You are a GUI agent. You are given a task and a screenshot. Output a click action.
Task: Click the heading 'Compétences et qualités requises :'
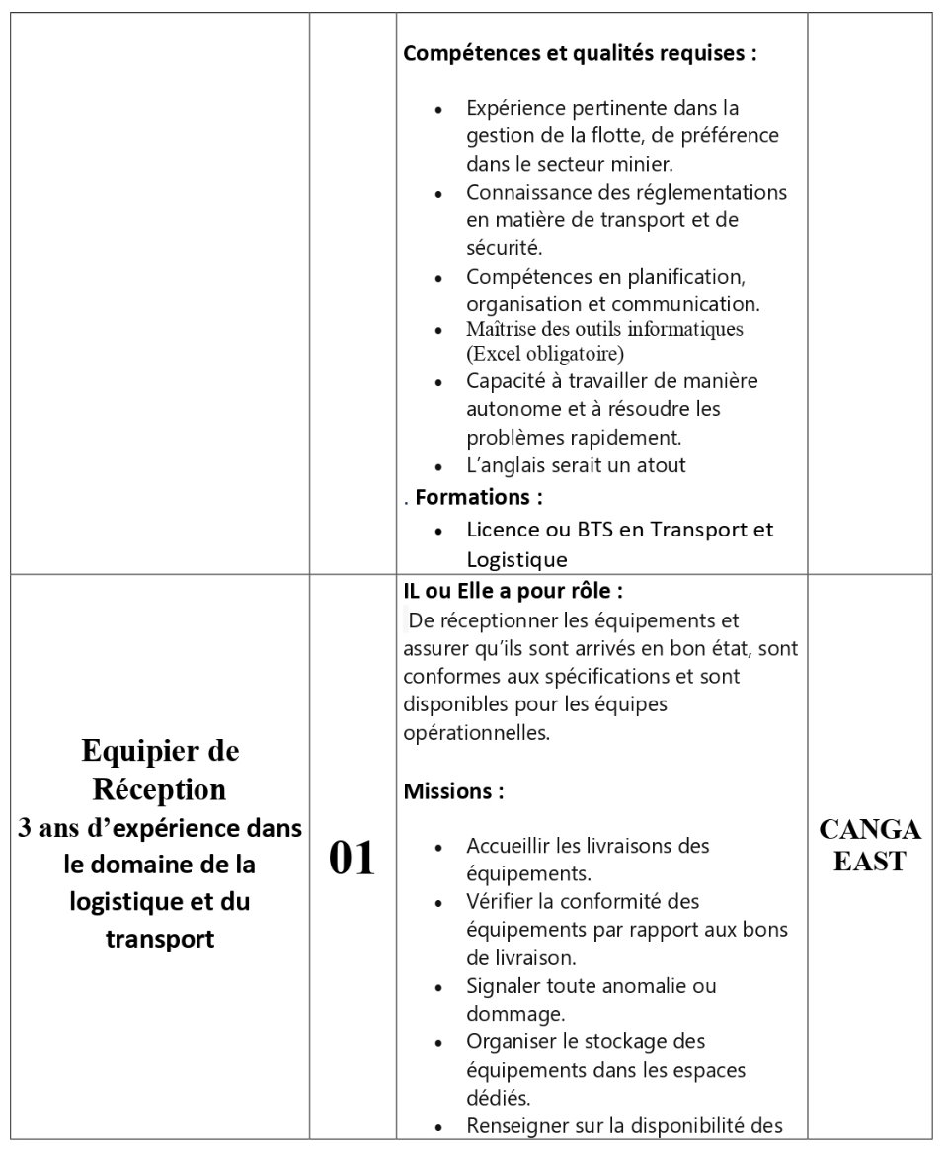click(x=580, y=53)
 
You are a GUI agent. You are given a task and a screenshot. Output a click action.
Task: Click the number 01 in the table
click(x=353, y=859)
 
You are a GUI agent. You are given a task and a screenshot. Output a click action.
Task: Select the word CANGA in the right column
click(x=869, y=829)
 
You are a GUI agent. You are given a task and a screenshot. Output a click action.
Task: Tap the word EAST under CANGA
click(x=869, y=862)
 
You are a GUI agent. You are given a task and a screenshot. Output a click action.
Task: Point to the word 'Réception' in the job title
click(x=160, y=789)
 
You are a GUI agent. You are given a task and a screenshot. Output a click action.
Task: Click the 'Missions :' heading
click(x=453, y=791)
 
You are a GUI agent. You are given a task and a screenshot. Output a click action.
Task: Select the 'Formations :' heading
click(x=479, y=496)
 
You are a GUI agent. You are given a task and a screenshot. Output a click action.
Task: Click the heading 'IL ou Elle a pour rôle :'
click(x=513, y=591)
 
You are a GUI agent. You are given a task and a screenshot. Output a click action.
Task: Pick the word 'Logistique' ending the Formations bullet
click(x=516, y=560)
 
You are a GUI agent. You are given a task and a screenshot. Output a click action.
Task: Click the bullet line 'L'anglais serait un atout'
click(x=576, y=465)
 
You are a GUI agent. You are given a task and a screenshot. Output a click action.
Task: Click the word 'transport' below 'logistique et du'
click(x=160, y=939)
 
